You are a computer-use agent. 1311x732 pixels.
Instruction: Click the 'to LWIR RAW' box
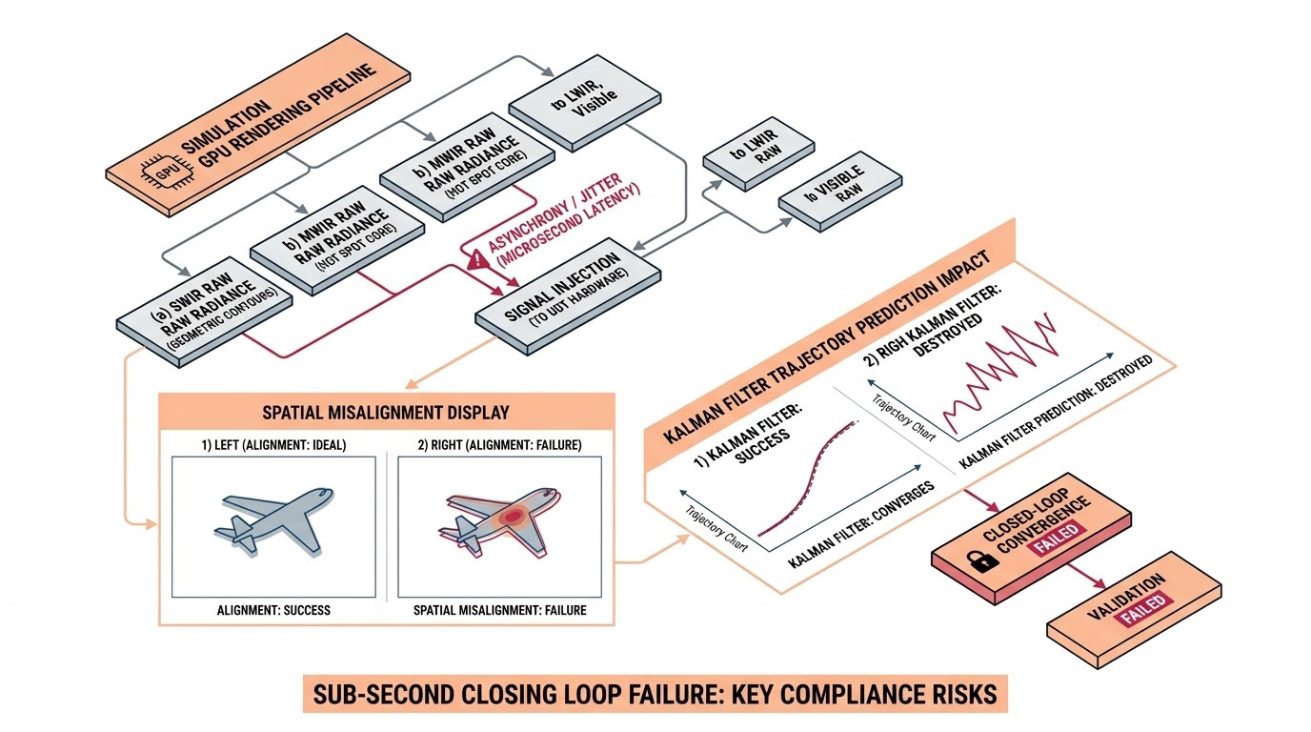pyautogui.click(x=758, y=156)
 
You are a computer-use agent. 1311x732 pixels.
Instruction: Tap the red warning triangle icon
pyautogui.click(x=476, y=257)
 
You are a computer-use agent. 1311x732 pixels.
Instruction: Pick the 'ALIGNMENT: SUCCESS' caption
pyautogui.click(x=273, y=610)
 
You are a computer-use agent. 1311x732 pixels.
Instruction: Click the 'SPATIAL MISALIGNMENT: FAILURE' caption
pyautogui.click(x=499, y=610)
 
